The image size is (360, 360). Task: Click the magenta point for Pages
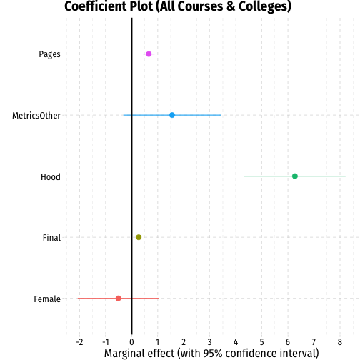coord(149,54)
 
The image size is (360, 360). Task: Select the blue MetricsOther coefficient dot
coord(172,115)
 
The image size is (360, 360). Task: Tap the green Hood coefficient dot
coord(295,176)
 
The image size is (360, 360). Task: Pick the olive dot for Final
coord(139,237)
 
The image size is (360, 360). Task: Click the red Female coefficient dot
coord(119,299)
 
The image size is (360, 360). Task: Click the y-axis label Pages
coord(49,54)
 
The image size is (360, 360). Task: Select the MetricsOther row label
coord(36,116)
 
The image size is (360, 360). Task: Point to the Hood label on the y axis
coord(51,177)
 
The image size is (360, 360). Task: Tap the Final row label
coord(51,238)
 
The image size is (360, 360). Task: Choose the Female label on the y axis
coord(47,299)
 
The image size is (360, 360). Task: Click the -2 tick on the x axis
coord(79,342)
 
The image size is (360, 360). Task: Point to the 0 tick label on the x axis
coord(131,342)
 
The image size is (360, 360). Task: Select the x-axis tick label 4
coord(236,342)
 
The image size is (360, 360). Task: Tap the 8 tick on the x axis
coord(340,342)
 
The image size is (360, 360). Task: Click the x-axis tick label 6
coord(288,342)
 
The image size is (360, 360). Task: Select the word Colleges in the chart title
coord(265,6)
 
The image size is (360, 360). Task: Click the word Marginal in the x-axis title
coord(124,354)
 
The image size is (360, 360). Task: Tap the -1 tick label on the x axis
coord(106,342)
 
